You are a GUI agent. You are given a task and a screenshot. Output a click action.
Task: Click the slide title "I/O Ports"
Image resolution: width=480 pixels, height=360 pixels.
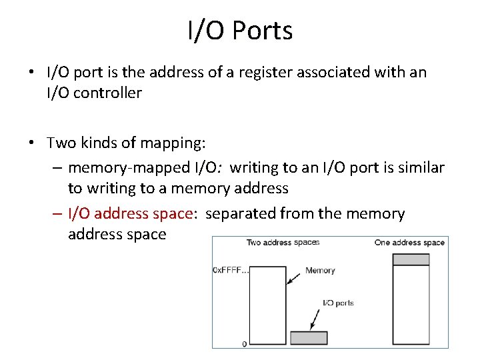(240, 31)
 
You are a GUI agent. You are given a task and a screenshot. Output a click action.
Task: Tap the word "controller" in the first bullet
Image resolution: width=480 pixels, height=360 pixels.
(107, 93)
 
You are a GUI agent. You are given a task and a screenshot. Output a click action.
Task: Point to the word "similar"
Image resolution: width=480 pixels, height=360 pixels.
(419, 167)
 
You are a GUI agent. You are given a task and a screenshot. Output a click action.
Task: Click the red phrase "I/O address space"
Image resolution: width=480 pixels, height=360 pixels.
(131, 213)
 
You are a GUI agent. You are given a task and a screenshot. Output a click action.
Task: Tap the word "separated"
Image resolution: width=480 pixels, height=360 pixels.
(238, 213)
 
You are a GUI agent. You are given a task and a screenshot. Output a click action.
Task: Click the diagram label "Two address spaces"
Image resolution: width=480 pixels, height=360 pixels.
(283, 243)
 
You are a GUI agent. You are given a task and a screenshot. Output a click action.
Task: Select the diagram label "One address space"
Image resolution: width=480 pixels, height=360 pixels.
(409, 243)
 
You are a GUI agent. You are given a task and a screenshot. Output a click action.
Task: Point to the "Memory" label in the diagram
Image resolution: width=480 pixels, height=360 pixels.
(320, 271)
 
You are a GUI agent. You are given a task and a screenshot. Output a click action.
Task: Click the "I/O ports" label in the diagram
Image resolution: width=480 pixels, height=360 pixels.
(338, 303)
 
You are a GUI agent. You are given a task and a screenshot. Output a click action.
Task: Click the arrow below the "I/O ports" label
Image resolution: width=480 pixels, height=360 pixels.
(317, 319)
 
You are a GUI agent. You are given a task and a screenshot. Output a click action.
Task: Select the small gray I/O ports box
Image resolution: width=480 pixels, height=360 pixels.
(309, 338)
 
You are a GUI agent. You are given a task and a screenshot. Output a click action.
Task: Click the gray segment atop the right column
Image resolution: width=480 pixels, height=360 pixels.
(410, 260)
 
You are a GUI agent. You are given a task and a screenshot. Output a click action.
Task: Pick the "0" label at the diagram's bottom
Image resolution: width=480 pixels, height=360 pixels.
(244, 344)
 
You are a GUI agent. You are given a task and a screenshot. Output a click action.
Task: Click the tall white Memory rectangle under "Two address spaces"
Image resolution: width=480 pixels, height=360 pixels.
(267, 307)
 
